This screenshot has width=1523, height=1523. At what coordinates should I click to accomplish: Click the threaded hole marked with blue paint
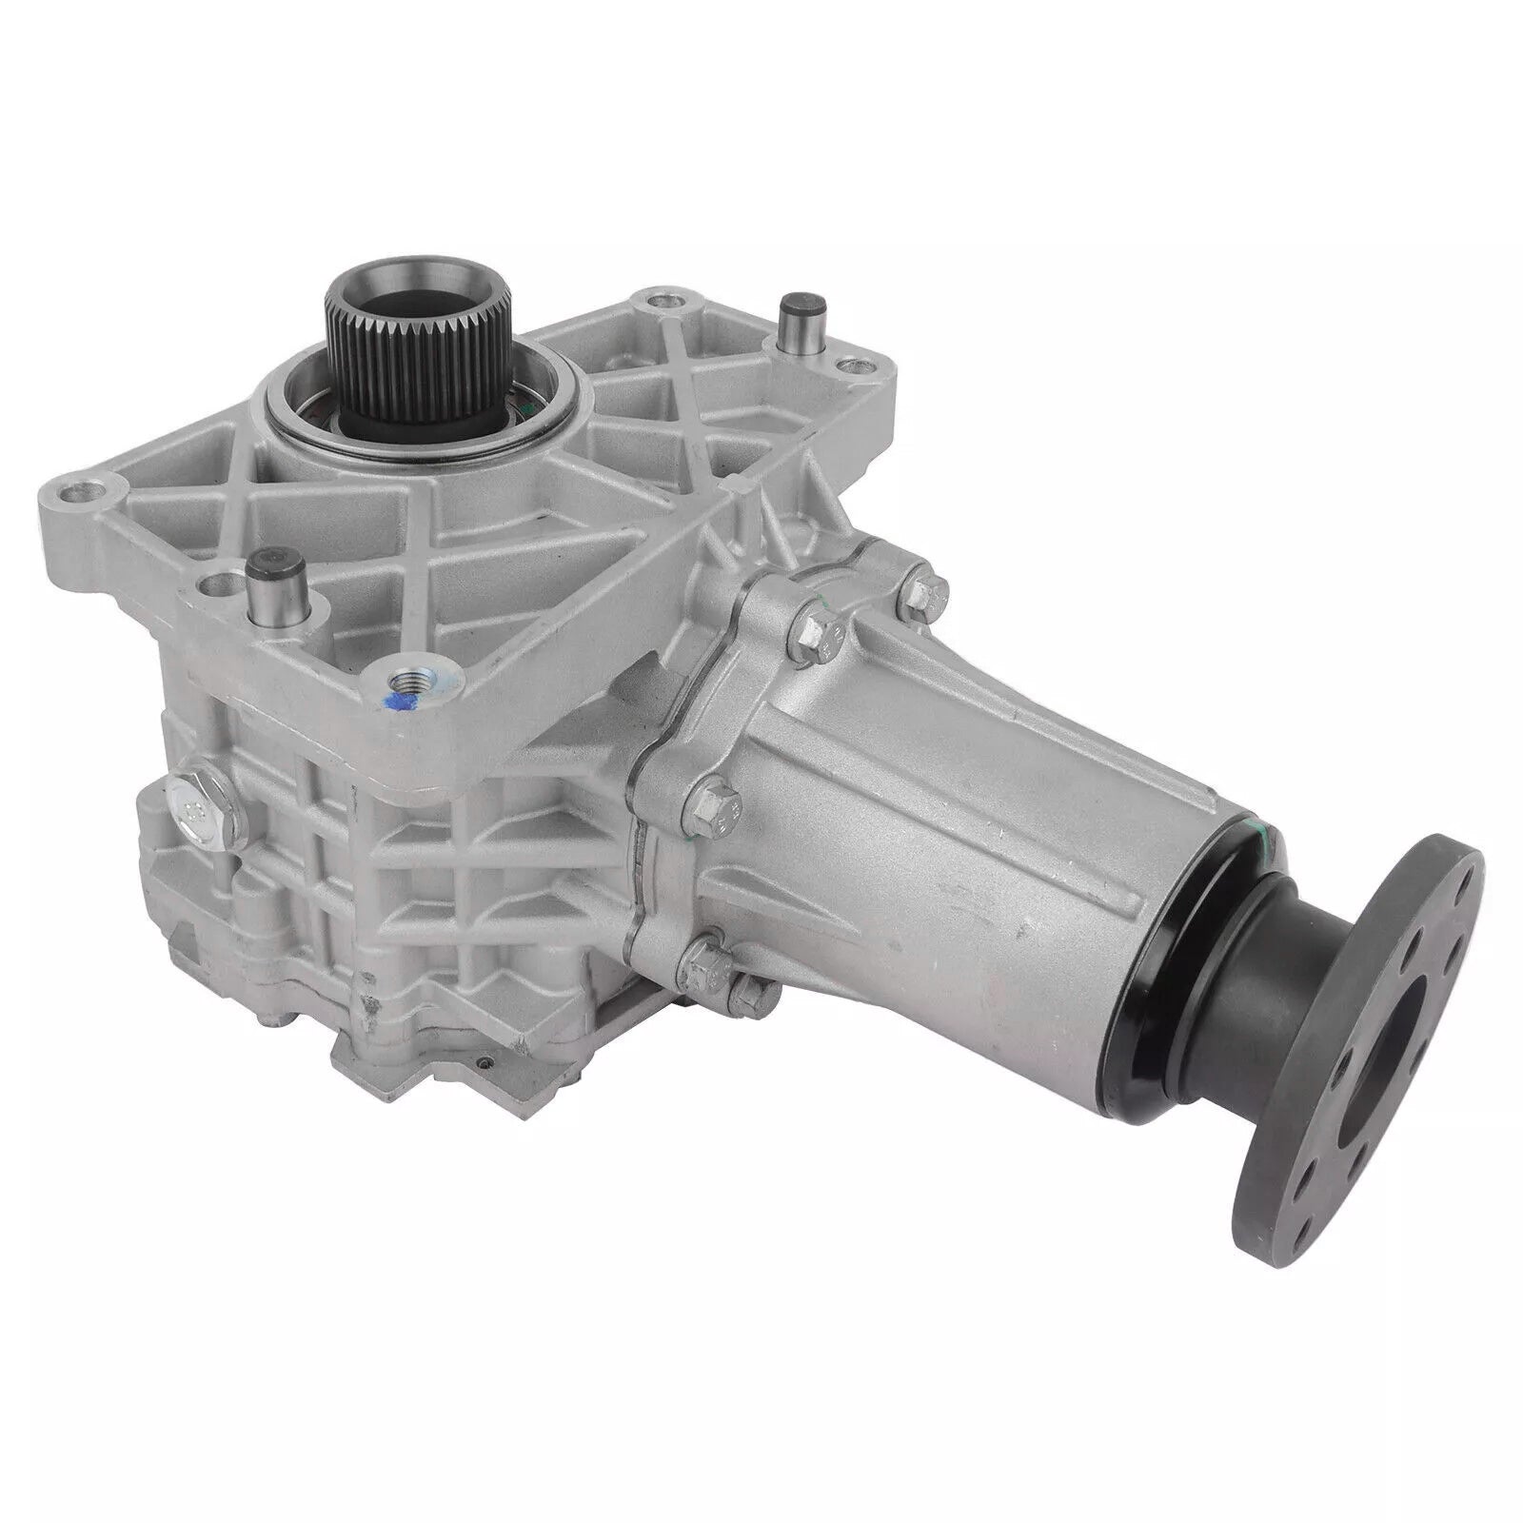tap(412, 687)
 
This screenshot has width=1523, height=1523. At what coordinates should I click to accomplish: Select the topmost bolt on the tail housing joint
tap(920, 591)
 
